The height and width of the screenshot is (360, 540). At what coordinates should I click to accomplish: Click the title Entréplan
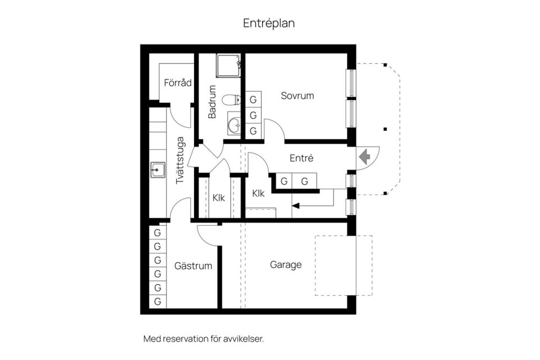269,23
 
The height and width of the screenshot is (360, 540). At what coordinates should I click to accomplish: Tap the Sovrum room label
297,96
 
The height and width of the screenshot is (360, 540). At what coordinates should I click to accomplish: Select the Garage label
286,264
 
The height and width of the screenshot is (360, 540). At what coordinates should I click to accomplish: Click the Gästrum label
193,265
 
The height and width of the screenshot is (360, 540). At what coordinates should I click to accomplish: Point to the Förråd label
178,83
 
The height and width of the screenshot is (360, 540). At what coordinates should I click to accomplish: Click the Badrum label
212,102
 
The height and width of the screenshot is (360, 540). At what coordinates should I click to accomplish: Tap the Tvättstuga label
180,161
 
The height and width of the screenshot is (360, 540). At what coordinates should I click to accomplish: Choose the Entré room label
301,159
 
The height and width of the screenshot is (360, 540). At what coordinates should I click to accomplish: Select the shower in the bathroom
229,65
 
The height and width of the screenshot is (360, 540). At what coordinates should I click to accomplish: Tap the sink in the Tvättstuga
157,169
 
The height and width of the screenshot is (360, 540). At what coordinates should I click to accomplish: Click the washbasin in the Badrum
233,125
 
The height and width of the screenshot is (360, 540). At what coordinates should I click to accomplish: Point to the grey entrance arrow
364,156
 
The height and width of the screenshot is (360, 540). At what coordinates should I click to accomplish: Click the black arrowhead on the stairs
296,205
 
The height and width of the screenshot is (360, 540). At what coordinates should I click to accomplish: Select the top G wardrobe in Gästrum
157,232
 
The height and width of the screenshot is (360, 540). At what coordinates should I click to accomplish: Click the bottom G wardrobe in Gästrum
157,301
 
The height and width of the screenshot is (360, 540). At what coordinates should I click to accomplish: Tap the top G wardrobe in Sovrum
253,100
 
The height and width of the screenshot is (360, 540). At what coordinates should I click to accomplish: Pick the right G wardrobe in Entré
304,181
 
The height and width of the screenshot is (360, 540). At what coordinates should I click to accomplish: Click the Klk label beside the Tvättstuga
219,197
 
